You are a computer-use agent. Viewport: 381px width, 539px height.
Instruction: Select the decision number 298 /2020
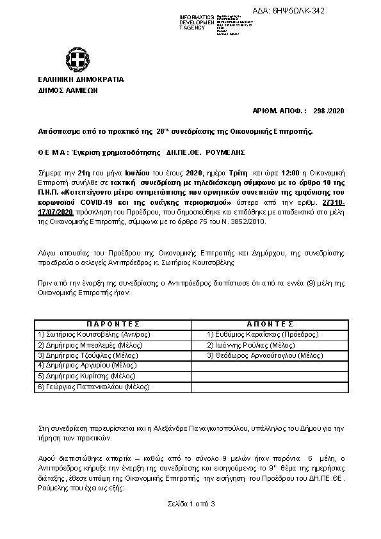click(x=330, y=111)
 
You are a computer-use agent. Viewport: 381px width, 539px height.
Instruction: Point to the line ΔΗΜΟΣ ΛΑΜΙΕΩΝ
click(x=65, y=91)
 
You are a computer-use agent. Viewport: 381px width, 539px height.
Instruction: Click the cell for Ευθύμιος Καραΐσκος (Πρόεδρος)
click(x=263, y=334)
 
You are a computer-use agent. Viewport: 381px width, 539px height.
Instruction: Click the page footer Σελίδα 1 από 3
click(x=190, y=504)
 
